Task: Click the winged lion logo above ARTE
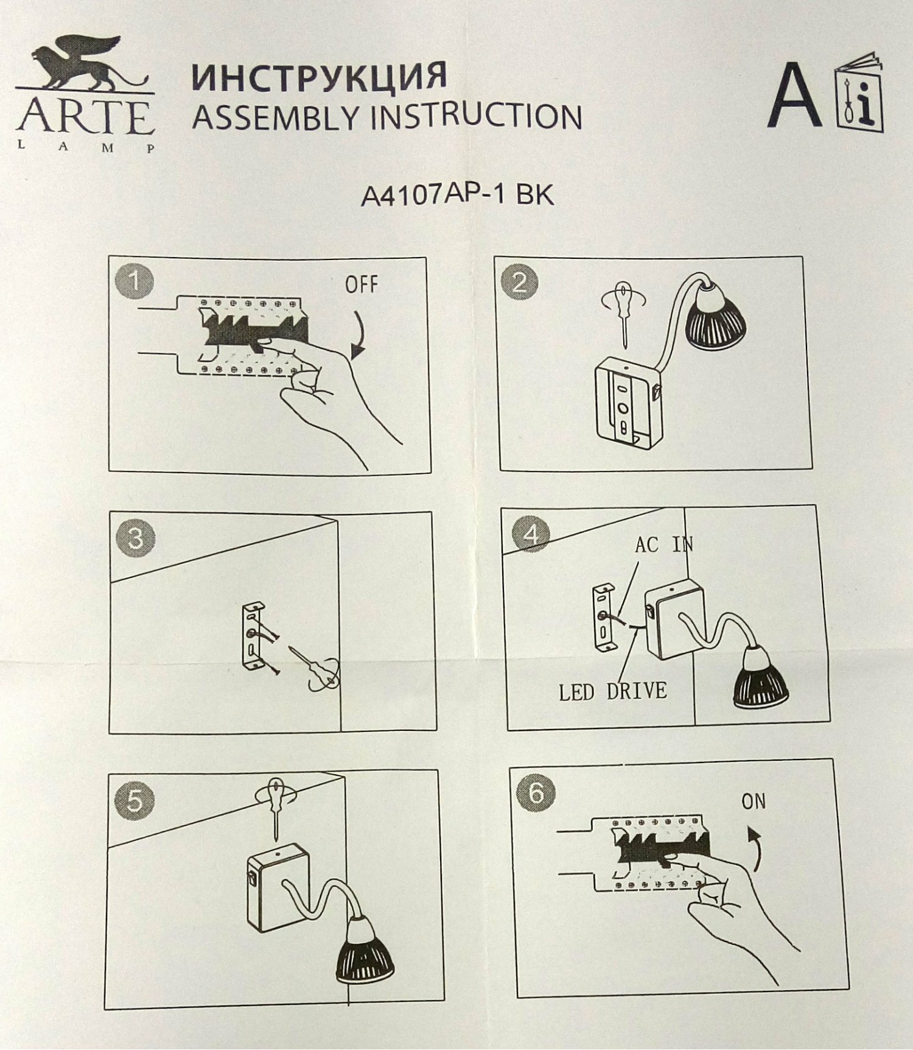point(85,64)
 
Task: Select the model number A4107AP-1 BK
point(457,195)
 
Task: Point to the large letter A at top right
point(794,95)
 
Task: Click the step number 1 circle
point(134,281)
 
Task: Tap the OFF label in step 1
point(362,284)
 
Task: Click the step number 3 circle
point(135,538)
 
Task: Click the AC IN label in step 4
point(664,544)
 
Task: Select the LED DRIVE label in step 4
point(613,692)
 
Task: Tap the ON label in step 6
point(754,802)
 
